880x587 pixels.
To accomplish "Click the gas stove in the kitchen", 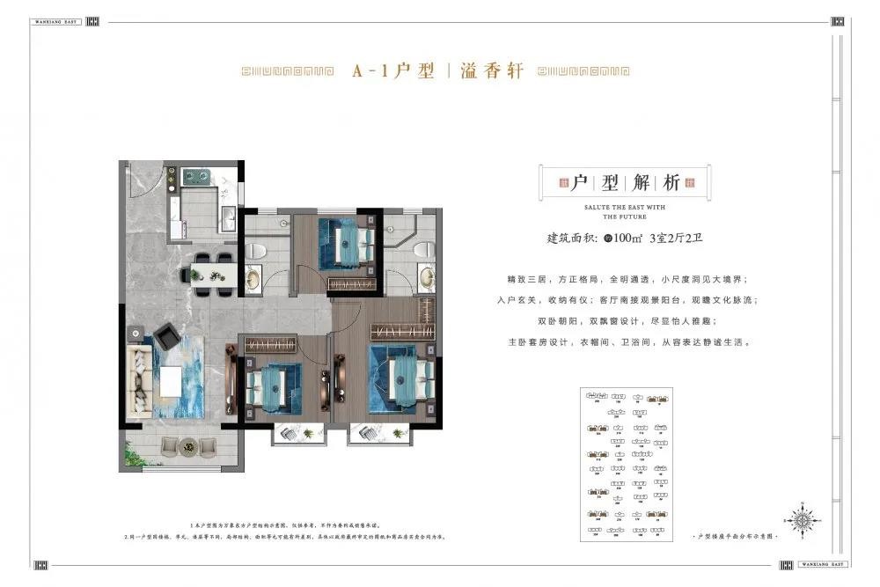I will click(197, 177).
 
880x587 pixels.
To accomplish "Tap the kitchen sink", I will click(226, 218).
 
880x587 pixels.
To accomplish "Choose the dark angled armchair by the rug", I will click(167, 337).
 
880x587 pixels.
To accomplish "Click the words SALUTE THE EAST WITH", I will click(625, 208).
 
